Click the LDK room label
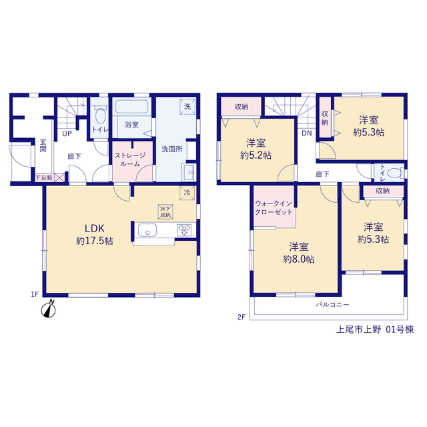point(95,229)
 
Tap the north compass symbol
point(49,309)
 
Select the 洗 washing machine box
point(187,107)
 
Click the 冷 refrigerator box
point(187,193)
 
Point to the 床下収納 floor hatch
point(165,212)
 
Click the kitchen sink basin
point(147,230)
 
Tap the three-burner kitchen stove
point(184,230)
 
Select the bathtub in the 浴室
point(132,107)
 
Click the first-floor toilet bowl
point(101,116)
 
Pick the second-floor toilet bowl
point(394,173)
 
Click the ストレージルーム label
point(130,159)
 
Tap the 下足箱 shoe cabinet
point(50,177)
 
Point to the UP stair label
point(67,133)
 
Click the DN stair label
point(307,133)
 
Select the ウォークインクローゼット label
point(274,207)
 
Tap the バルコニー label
point(332,304)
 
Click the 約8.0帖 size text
point(299,260)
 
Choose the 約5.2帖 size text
point(256,155)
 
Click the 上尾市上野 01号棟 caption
point(375,330)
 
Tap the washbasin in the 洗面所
point(188,172)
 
